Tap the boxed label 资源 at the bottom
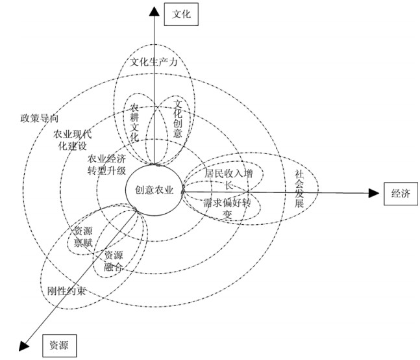[60, 345]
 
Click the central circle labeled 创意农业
[154, 190]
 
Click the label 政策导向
[40, 118]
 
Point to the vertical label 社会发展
[299, 189]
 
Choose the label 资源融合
[114, 260]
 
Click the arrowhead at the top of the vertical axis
[154, 9]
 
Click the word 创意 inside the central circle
[144, 190]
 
